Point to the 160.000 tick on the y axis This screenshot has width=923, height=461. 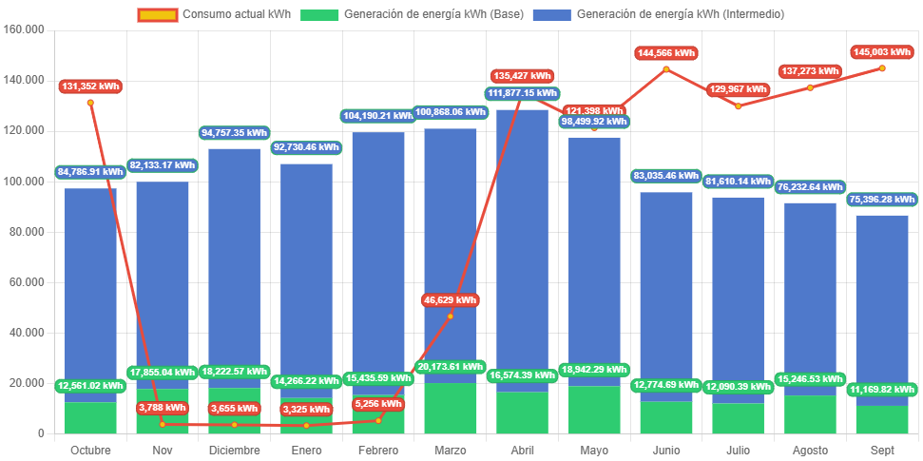click(25, 29)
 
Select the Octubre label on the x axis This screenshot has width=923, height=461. click(90, 450)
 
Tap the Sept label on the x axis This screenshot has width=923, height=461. click(881, 450)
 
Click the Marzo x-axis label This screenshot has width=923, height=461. click(450, 450)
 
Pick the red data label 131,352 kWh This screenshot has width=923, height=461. click(90, 86)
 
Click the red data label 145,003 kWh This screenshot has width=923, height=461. click(881, 52)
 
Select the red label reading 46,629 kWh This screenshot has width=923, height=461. click(450, 300)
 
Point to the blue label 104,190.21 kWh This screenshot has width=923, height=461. click(377, 116)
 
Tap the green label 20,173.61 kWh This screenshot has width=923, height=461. click(450, 366)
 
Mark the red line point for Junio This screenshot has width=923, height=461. click(665, 68)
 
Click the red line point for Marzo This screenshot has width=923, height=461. click(450, 316)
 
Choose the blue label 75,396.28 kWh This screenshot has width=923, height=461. click(881, 200)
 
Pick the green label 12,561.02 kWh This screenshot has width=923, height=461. click(90, 386)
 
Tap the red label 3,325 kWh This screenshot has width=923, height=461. click(306, 410)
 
